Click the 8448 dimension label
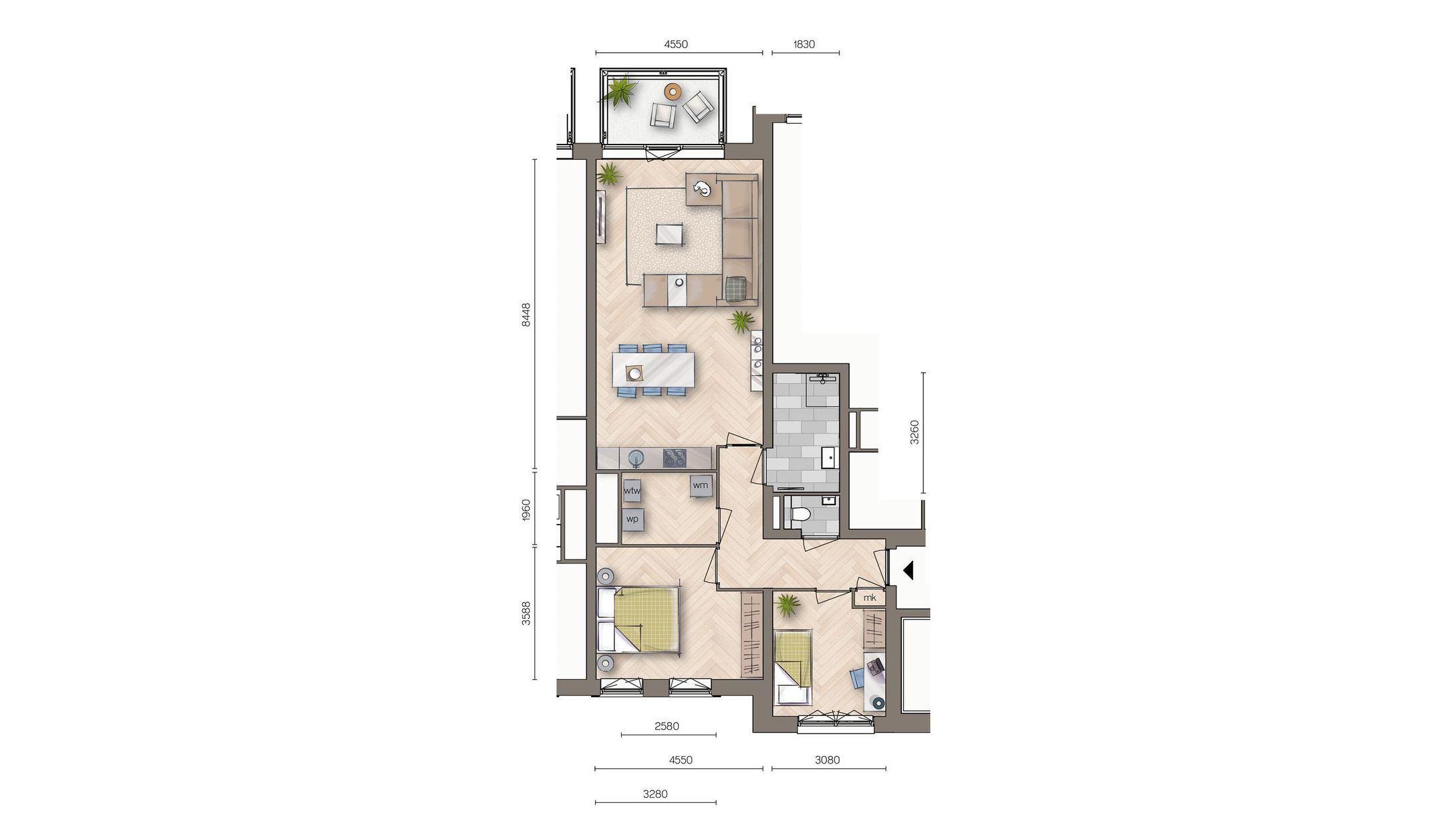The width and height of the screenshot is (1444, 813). coord(526,314)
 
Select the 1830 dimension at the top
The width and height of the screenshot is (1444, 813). coord(804,44)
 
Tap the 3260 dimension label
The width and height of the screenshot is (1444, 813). coord(915,432)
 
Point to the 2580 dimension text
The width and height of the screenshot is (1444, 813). coord(667,726)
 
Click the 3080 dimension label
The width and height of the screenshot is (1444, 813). coord(827,759)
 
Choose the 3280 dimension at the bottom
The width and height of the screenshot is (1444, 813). coord(655,794)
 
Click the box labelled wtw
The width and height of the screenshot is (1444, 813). coord(632,490)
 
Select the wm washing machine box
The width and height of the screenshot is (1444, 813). coord(701,485)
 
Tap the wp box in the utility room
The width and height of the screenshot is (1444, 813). coord(632,519)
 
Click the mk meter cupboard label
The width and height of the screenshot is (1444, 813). coord(869,598)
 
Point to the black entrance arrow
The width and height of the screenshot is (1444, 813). coord(908,570)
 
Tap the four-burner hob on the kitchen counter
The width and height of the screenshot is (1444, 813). coord(674,458)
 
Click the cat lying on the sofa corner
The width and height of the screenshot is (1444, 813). coord(701,189)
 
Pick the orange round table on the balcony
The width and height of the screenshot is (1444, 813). coord(673,91)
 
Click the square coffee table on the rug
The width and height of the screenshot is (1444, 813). coord(670,234)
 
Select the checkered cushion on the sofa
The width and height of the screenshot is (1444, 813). coord(737,288)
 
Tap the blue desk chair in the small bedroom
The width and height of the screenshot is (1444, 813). coord(858,677)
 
